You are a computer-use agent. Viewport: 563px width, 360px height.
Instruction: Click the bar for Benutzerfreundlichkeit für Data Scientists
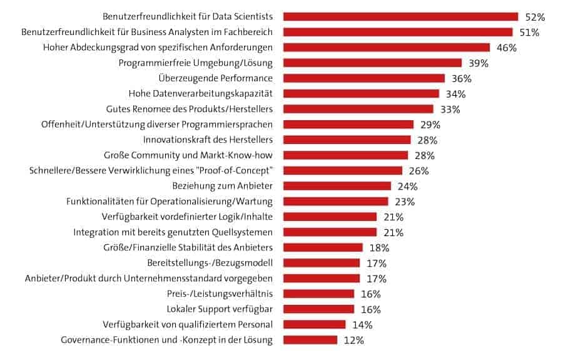pos(400,16)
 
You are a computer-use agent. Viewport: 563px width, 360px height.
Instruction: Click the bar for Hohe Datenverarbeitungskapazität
pos(361,94)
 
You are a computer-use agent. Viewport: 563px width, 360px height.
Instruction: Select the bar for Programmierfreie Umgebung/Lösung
pos(372,63)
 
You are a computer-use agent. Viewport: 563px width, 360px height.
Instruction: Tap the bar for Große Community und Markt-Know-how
pos(345,155)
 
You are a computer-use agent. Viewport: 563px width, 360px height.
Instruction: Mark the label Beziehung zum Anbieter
pos(222,186)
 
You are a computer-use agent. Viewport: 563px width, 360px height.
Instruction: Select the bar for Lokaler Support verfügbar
pos(318,309)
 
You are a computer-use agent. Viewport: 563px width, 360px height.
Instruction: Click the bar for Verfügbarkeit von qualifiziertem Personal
pos(314,324)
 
